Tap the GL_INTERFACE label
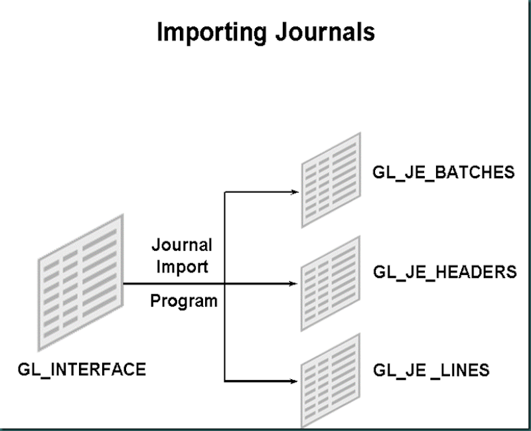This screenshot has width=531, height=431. (82, 369)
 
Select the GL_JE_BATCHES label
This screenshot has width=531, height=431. (443, 173)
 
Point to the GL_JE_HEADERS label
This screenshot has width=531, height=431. (445, 272)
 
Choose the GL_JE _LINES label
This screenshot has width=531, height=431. (431, 369)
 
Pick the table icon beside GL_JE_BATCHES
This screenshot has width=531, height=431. (331, 179)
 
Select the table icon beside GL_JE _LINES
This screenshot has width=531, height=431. (331, 381)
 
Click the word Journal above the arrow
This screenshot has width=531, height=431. (182, 245)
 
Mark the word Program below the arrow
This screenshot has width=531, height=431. (184, 301)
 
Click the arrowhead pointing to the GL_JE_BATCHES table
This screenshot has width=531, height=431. (295, 192)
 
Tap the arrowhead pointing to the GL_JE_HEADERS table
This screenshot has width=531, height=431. (295, 284)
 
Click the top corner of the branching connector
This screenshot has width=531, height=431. (226, 192)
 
